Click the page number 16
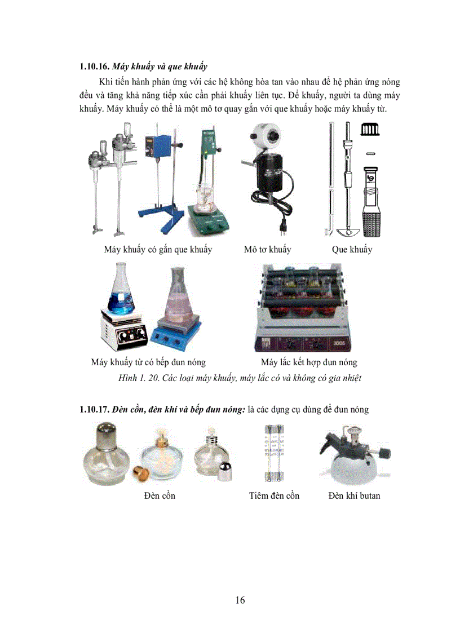[240, 600]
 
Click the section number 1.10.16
[95, 68]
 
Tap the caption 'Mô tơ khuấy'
[267, 249]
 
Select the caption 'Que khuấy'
[352, 249]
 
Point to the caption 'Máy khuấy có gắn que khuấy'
[158, 249]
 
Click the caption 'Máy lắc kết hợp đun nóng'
[308, 362]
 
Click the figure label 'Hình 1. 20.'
[139, 378]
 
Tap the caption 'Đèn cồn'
[159, 495]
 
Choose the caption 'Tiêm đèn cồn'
[274, 495]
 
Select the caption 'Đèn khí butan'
[354, 495]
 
